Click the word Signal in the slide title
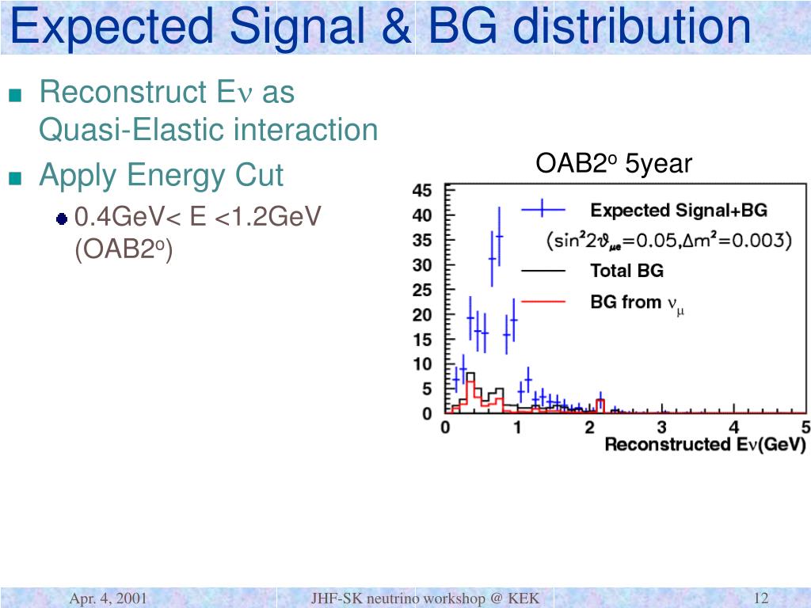tap(297, 28)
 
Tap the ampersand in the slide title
tap(396, 26)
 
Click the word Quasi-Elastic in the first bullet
tap(132, 129)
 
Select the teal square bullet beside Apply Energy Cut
tap(16, 178)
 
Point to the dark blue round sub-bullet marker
tap(62, 219)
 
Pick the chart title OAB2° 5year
tap(614, 163)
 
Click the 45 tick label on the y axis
tap(422, 190)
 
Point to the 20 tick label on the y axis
tap(422, 315)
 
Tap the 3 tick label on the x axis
tap(661, 427)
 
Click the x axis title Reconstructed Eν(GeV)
tap(706, 444)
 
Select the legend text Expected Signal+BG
tap(679, 211)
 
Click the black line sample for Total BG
tap(543, 271)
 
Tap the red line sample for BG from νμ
tap(543, 302)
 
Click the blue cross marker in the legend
tap(543, 209)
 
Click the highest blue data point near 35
tap(499, 236)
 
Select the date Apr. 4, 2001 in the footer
tap(108, 598)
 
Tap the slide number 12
tap(761, 598)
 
